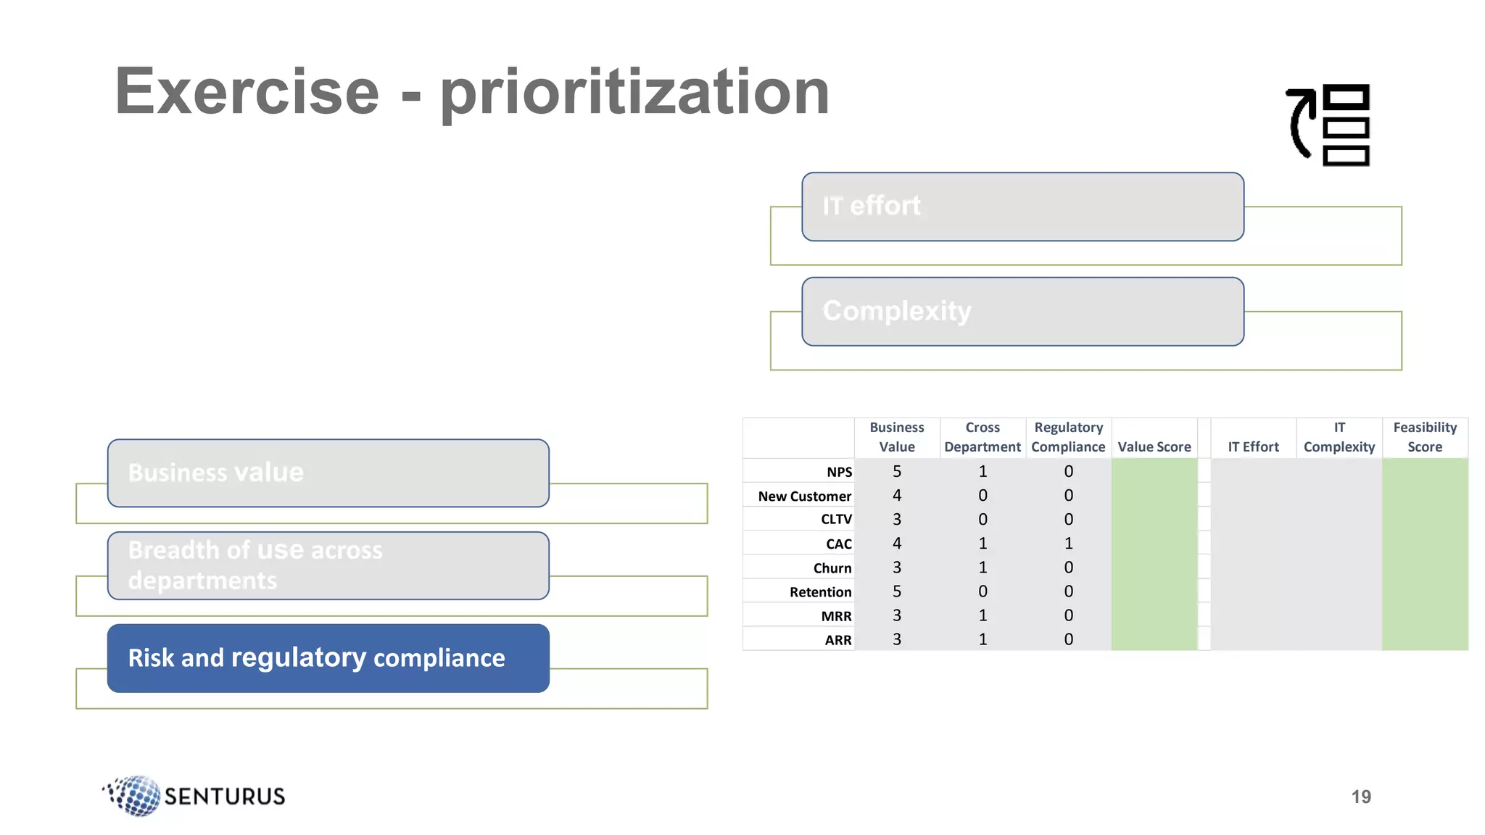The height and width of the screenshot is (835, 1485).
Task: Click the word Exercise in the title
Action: tap(247, 92)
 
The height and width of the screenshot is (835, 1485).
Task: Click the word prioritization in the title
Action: tap(634, 92)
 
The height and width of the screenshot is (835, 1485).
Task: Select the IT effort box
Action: tap(1022, 207)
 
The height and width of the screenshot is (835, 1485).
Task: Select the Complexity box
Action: tap(1022, 312)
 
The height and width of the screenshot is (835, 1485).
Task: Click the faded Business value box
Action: tap(328, 473)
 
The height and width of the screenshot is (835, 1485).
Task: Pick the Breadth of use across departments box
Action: tap(328, 565)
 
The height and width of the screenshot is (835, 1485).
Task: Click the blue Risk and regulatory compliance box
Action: tap(328, 658)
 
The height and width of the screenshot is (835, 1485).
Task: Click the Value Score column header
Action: tap(1154, 446)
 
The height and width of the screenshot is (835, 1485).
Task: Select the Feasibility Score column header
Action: tap(1425, 437)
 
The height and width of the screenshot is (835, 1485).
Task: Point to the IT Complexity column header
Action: tap(1339, 437)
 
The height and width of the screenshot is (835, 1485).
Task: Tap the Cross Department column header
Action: tap(983, 437)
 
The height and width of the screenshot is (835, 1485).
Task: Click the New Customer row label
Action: tap(804, 497)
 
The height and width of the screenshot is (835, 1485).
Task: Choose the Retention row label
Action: tap(820, 592)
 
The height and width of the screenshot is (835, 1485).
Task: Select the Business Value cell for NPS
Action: tap(897, 472)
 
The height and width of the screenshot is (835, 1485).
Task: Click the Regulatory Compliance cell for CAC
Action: tap(1068, 544)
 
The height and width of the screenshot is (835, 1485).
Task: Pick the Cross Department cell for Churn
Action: tap(983, 568)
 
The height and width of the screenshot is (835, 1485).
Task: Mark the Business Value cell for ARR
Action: tap(897, 639)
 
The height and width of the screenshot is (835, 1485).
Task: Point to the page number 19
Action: tap(1361, 797)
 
